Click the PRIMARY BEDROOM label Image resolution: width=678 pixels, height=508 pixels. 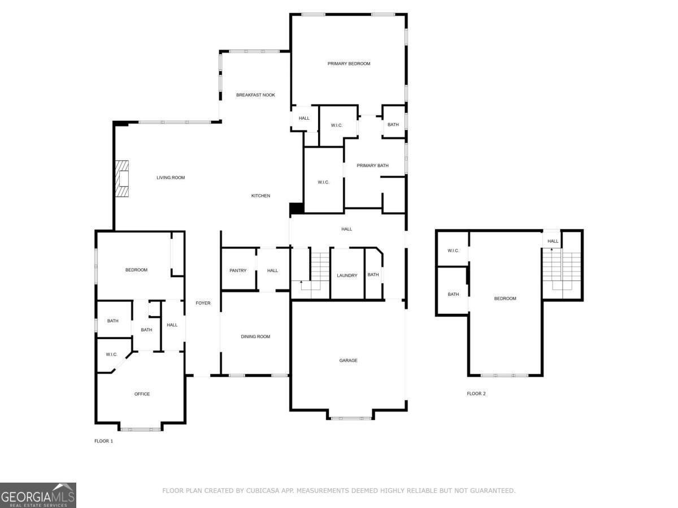pyautogui.click(x=349, y=64)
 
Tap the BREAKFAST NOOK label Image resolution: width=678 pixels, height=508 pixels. pyautogui.click(x=255, y=95)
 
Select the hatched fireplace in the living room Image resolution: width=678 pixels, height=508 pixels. pyautogui.click(x=123, y=178)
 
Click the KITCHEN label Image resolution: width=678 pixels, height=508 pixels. pyautogui.click(x=260, y=196)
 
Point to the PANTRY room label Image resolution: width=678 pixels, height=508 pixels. pyautogui.click(x=238, y=270)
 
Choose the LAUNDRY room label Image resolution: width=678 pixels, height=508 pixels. pyautogui.click(x=347, y=275)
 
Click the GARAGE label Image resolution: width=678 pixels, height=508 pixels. pyautogui.click(x=348, y=360)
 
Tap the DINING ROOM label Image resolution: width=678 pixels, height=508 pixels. pyautogui.click(x=255, y=336)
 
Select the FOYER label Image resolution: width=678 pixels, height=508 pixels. pyautogui.click(x=203, y=303)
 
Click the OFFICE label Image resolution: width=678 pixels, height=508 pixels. pyautogui.click(x=142, y=394)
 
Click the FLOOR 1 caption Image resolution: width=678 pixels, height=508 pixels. pyautogui.click(x=103, y=441)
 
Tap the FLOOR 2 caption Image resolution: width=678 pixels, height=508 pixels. pyautogui.click(x=476, y=393)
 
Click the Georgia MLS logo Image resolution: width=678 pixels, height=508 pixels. pyautogui.click(x=38, y=495)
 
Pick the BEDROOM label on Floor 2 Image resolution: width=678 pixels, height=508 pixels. pyautogui.click(x=505, y=299)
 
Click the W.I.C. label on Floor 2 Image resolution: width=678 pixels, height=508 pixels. pyautogui.click(x=453, y=251)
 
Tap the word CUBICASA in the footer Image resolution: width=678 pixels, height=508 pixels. pyautogui.click(x=263, y=491)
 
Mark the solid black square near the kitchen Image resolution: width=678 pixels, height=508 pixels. pyautogui.click(x=297, y=208)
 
